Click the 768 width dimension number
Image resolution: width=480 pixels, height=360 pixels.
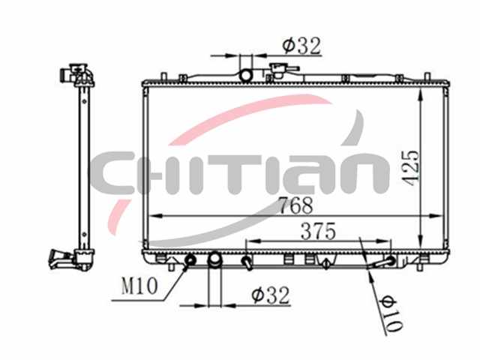[296, 205]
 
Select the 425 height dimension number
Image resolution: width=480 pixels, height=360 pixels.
[410, 167]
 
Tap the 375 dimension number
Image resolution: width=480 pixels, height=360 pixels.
[318, 231]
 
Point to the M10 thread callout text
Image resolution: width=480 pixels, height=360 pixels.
[139, 286]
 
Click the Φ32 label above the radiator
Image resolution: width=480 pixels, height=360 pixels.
[301, 46]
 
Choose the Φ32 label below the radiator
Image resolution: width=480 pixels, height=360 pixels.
[270, 295]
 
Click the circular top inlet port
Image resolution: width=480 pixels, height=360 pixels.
[245, 75]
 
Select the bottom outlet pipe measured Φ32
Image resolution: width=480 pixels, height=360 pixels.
[214, 260]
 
